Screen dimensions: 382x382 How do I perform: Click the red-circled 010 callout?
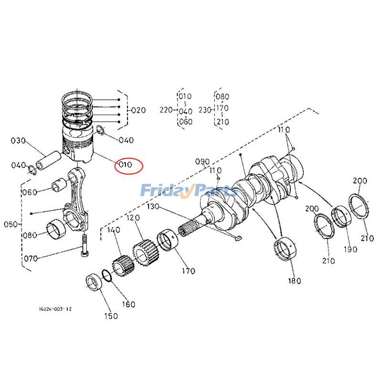click(126, 165)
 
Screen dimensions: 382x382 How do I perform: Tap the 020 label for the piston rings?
click(138, 110)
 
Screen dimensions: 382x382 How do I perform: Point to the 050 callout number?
click(10, 224)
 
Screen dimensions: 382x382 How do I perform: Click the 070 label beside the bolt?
click(31, 259)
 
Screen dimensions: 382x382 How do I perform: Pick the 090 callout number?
click(202, 161)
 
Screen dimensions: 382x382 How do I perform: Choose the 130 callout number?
click(153, 207)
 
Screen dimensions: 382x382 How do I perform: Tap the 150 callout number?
click(111, 316)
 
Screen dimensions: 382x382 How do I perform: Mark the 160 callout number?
click(128, 304)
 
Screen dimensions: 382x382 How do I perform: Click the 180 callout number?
click(294, 281)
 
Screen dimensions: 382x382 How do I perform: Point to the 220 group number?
click(166, 110)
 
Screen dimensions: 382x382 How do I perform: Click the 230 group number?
click(205, 110)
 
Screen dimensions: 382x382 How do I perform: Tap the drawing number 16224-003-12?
click(55, 309)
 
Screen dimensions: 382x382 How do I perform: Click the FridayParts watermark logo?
click(189, 191)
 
